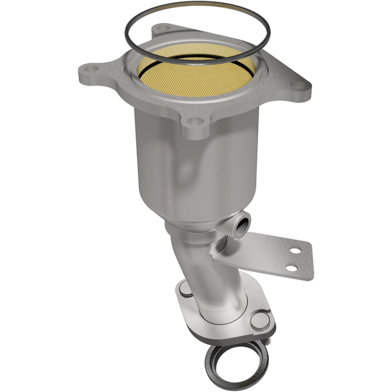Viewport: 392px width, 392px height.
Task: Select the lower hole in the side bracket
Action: (x=291, y=268)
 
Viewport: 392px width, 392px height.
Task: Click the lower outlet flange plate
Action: (x=224, y=325)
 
